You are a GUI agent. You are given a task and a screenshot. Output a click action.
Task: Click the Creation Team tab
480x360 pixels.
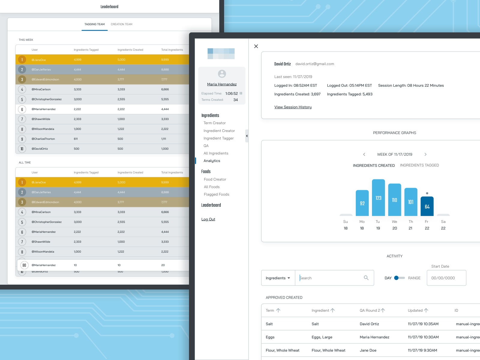click(121, 24)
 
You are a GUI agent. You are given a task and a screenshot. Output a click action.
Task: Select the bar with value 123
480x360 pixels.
click(378, 198)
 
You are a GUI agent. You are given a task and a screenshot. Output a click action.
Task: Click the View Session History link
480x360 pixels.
click(293, 107)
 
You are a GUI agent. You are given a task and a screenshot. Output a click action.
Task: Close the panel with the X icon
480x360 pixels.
click(256, 46)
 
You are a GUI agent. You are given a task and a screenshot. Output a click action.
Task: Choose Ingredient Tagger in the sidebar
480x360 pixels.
click(218, 138)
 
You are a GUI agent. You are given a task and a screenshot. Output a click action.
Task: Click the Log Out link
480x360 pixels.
click(208, 219)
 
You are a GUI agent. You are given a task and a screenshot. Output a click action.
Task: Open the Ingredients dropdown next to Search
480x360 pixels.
click(278, 278)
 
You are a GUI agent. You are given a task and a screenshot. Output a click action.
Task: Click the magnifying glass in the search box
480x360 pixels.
click(366, 278)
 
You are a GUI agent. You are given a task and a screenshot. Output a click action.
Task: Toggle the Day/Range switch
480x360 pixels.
click(399, 278)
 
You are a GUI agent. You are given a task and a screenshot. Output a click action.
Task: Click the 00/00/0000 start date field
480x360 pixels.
click(446, 278)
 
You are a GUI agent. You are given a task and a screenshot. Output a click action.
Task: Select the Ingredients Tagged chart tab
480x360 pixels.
click(419, 165)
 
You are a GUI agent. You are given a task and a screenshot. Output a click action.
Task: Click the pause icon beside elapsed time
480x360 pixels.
click(241, 93)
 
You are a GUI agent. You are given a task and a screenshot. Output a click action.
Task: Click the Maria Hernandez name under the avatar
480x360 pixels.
click(222, 84)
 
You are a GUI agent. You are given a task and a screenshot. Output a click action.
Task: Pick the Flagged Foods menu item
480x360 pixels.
click(216, 194)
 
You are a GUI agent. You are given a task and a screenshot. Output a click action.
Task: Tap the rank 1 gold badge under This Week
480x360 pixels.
click(22, 60)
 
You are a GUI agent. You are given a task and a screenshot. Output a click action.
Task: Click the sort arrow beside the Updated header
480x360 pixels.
click(426, 310)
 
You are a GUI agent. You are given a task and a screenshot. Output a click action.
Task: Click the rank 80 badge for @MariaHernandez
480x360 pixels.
click(24, 265)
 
